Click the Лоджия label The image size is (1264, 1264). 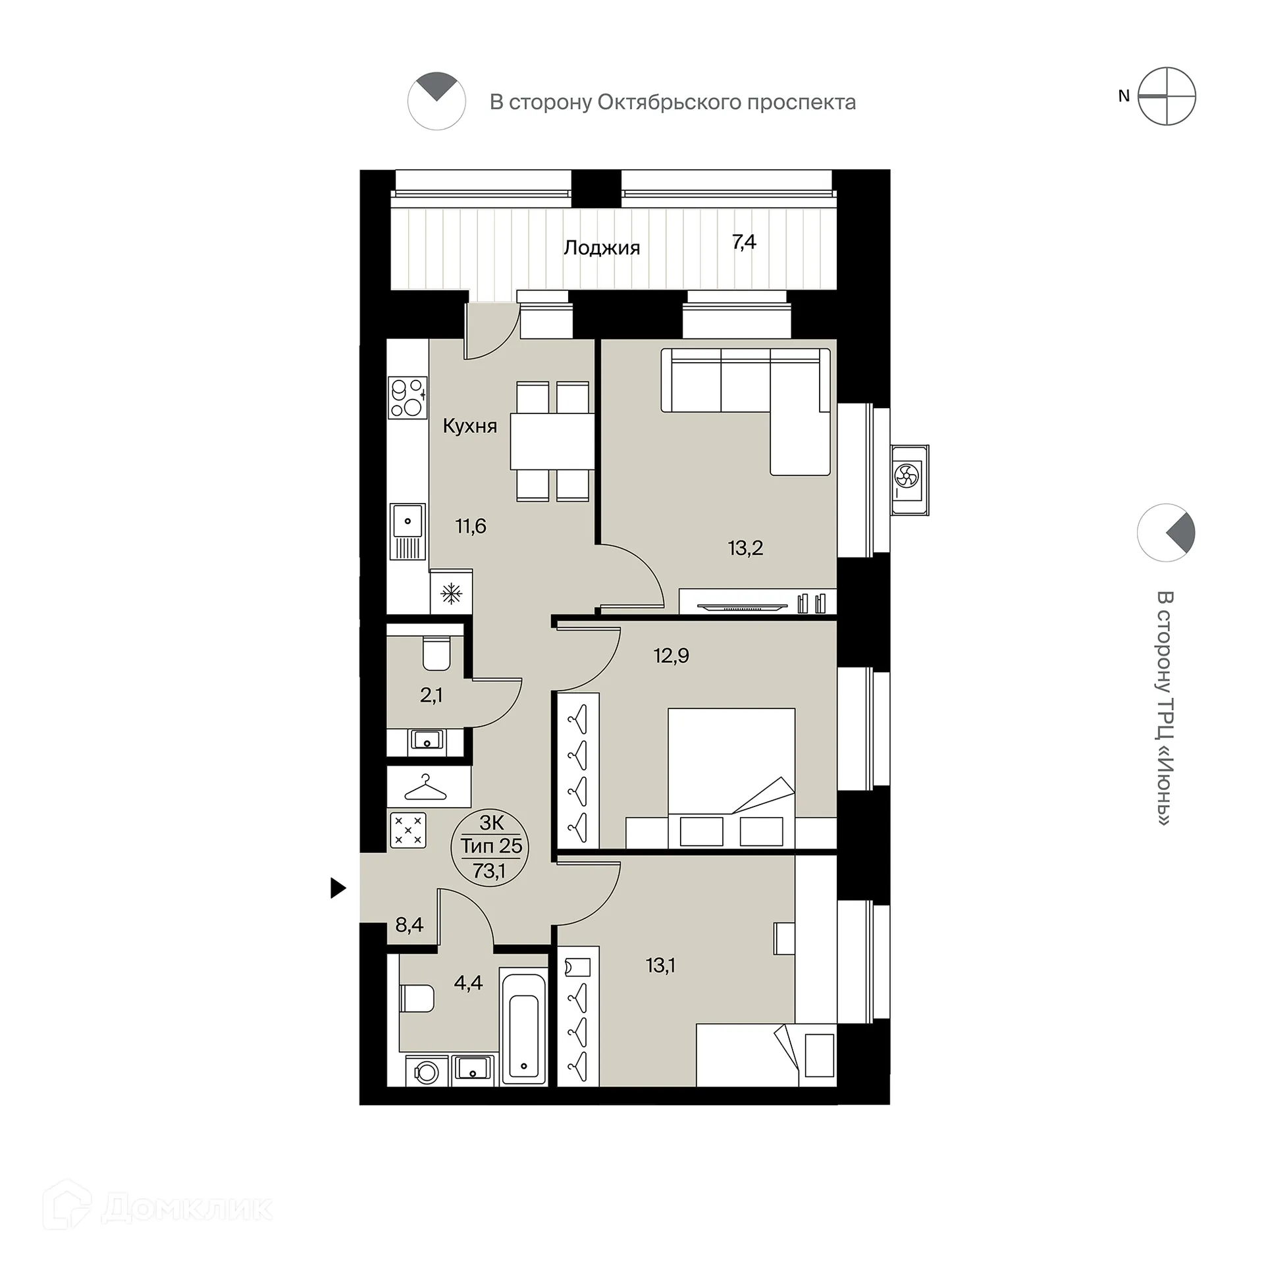point(601,248)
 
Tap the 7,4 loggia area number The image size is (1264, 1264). point(744,242)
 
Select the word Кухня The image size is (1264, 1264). point(469,426)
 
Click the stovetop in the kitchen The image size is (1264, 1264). point(408,397)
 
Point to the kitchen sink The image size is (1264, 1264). point(408,531)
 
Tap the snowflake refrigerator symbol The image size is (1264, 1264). point(451,594)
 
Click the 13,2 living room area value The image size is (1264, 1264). point(745,548)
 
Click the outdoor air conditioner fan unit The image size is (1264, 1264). point(908,479)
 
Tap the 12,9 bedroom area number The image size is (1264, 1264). point(671,656)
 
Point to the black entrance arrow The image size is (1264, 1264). point(338,888)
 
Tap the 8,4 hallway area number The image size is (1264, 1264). point(409,925)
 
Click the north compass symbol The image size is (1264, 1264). point(1167,96)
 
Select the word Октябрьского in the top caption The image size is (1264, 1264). point(664,103)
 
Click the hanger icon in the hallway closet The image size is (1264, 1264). point(425,787)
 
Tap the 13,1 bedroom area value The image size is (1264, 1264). point(660,965)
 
